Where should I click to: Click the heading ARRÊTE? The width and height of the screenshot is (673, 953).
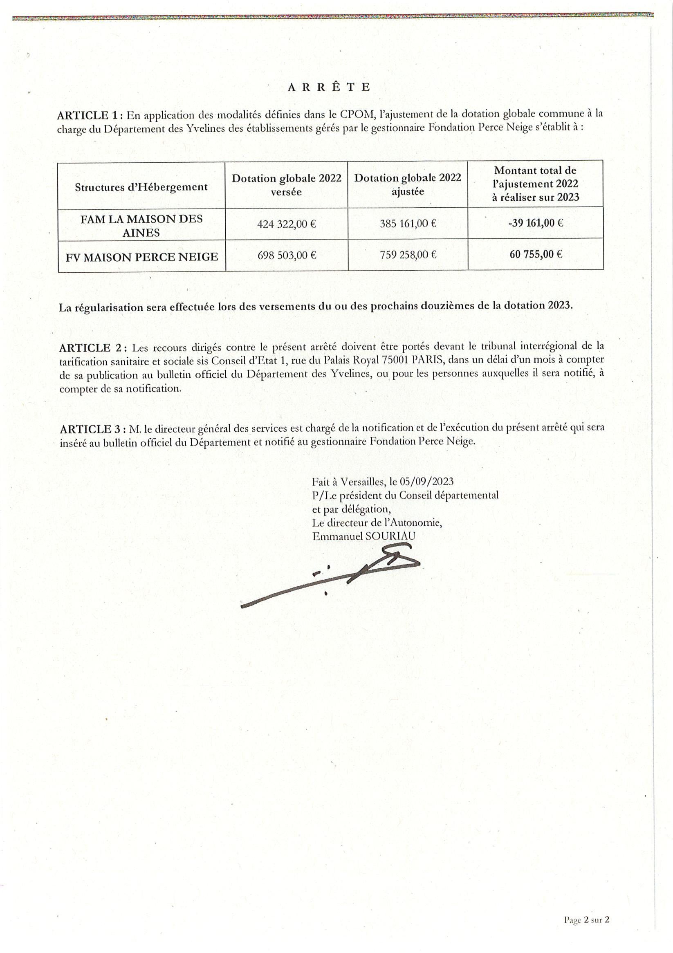click(328, 87)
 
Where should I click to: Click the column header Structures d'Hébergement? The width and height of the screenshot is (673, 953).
click(141, 187)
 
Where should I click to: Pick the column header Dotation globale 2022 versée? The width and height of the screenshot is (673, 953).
click(287, 185)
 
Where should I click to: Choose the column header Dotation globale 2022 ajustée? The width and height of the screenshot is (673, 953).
click(408, 185)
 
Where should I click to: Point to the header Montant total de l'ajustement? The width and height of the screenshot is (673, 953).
click(535, 184)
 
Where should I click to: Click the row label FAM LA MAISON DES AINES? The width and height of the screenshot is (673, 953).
click(141, 226)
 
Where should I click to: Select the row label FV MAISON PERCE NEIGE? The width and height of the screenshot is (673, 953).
click(141, 257)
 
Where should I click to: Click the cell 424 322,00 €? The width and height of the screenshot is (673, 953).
click(287, 224)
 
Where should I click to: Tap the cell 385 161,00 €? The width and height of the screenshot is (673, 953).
click(408, 224)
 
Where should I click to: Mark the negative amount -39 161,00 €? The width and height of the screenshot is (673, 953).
click(535, 223)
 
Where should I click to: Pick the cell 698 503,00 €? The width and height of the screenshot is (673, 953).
click(287, 255)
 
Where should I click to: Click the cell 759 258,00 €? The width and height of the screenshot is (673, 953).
click(408, 255)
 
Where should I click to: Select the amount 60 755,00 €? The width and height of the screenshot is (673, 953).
click(536, 254)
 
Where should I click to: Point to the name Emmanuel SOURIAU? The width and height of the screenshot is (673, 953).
click(364, 536)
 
